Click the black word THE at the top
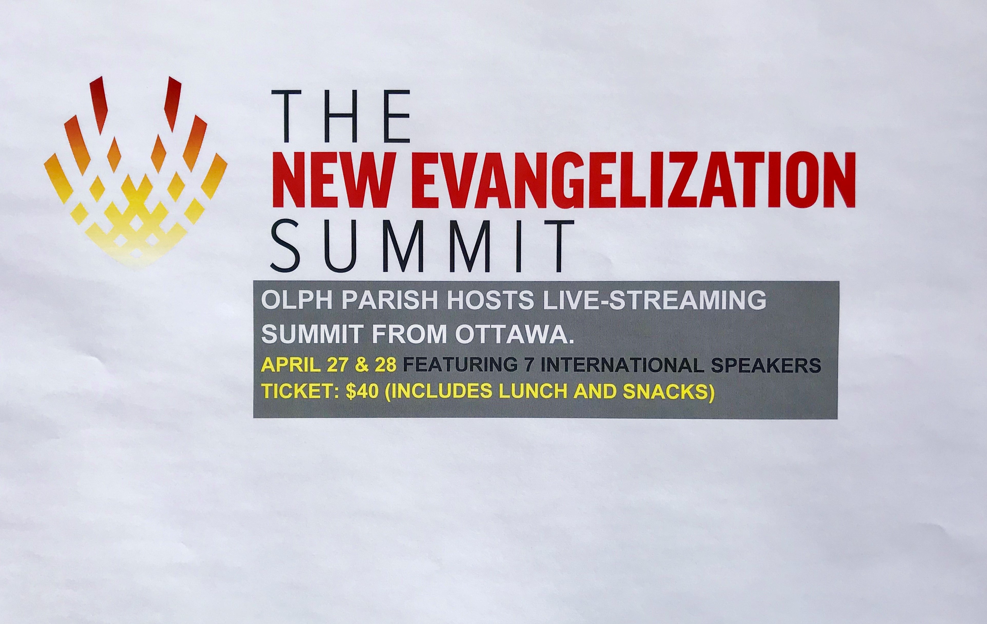point(341,117)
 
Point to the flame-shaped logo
point(135,172)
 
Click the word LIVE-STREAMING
point(654,301)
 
